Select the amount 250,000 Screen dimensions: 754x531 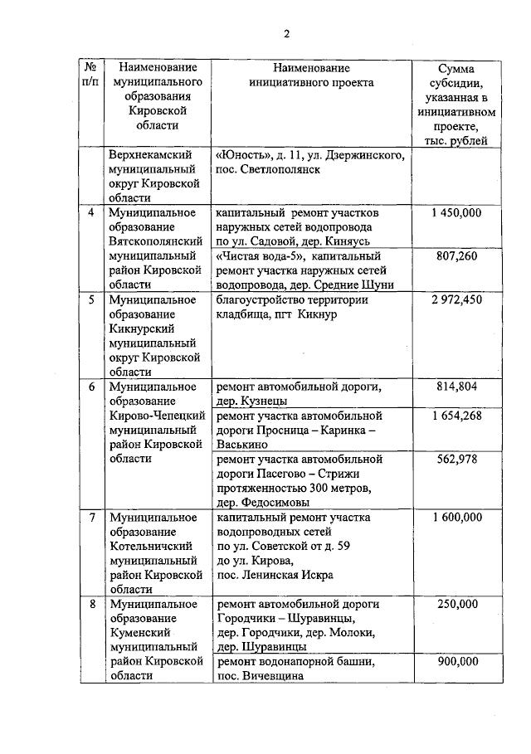tap(456, 605)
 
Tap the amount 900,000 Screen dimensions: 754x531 tap(456, 662)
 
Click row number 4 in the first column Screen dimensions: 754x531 tap(91, 213)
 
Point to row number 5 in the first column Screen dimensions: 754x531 tap(91, 300)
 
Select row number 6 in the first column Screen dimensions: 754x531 tap(91, 387)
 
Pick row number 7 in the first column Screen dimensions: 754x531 tap(91, 518)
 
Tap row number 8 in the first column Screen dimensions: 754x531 tap(91, 605)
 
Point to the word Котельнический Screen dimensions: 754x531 tap(151, 547)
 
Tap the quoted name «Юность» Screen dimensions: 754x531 tap(242, 155)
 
